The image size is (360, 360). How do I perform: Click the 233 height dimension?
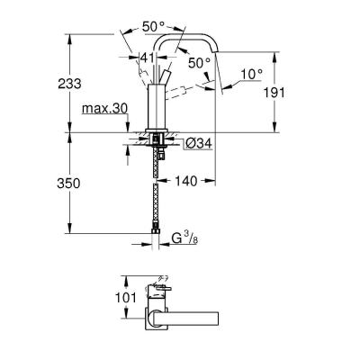coord(69,84)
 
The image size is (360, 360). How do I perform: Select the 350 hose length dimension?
coord(68,183)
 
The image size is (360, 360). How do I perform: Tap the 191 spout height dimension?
coord(274,93)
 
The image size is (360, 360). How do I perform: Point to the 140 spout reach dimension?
coord(186,181)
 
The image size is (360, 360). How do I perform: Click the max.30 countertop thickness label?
coord(104,108)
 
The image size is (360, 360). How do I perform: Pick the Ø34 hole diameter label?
coord(199,144)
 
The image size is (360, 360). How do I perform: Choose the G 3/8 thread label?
coord(184,238)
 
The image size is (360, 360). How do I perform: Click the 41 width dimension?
coord(148,57)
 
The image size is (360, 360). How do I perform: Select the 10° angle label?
coord(251,74)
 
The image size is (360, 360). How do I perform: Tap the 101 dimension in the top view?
coord(126,298)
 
